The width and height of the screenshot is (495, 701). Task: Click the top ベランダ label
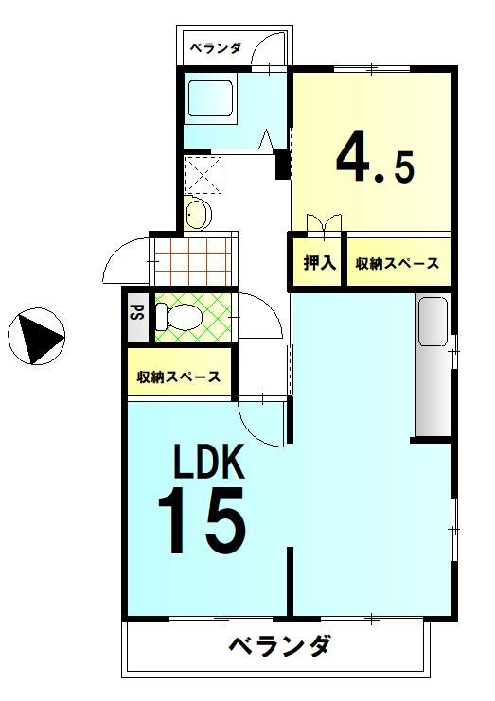(215, 47)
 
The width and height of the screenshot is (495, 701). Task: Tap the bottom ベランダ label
(280, 647)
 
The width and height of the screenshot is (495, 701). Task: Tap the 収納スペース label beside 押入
(398, 264)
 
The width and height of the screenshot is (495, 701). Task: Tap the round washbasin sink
(197, 214)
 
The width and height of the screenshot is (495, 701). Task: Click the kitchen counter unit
(431, 364)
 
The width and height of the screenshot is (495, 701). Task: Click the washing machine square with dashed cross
(203, 176)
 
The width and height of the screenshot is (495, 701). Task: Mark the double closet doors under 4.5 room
(323, 224)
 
